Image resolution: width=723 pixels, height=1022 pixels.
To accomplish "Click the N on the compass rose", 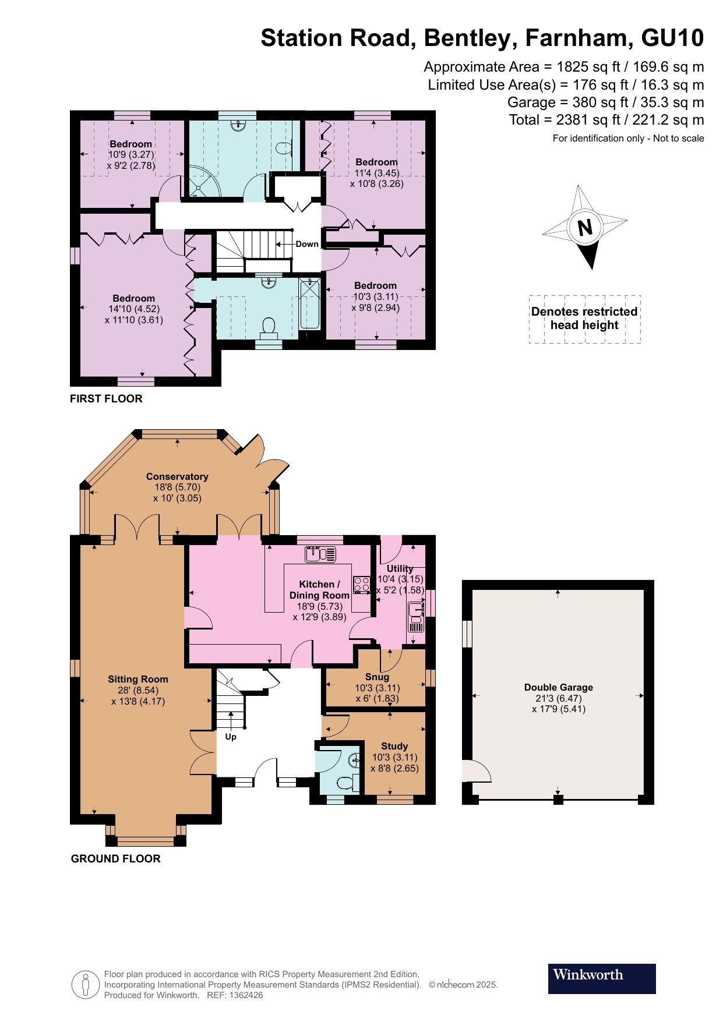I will coord(585,227).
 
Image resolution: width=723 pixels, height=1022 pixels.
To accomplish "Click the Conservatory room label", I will coord(177,476).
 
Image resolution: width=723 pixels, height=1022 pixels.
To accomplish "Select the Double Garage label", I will coord(558,687).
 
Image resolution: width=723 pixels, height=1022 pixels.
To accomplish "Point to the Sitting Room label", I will coord(138,679).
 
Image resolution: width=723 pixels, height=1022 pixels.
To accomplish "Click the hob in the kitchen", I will coord(362,584).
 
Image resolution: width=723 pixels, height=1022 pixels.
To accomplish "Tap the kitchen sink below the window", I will coord(320,554).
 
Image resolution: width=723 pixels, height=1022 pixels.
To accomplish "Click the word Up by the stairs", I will coord(231,737).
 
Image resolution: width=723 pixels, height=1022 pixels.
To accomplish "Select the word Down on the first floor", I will coord(307,244).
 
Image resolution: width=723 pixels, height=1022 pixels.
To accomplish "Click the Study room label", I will coord(394,746).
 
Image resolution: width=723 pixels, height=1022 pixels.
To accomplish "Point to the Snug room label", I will coord(377,677).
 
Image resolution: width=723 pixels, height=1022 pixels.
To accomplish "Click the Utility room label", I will coord(400,568).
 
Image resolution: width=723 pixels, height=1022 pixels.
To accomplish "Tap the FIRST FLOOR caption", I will coord(106,399).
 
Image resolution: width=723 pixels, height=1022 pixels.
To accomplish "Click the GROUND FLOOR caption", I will coord(115,858).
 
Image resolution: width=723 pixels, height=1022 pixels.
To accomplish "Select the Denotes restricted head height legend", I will coord(584,319).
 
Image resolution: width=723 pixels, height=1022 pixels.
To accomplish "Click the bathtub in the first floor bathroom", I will coord(309,303).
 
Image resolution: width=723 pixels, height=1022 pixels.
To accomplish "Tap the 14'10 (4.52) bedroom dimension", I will coord(134,309).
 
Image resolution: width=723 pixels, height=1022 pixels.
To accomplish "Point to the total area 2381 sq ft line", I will coord(606,120).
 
